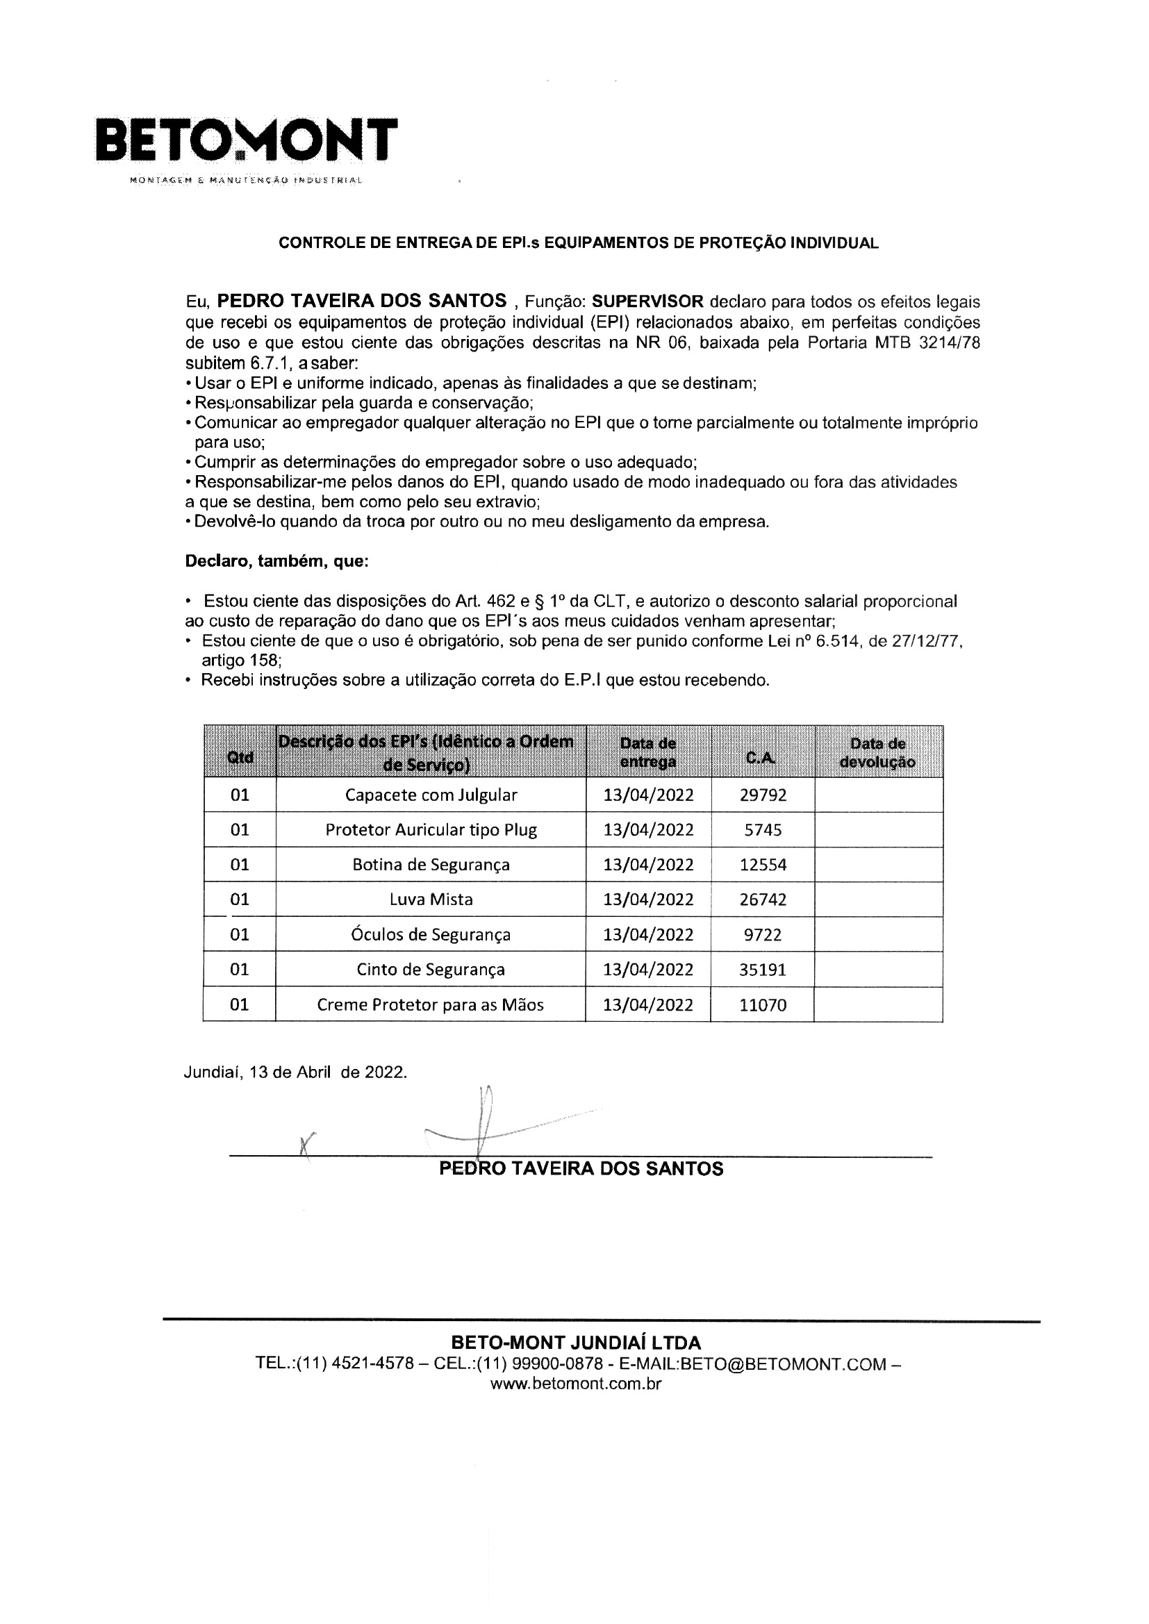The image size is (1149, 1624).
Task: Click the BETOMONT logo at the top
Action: (246, 140)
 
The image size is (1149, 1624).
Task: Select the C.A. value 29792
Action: (763, 795)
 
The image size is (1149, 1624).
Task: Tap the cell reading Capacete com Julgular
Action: (431, 795)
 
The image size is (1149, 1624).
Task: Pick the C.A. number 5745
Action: (763, 829)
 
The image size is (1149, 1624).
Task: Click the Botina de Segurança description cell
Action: (431, 864)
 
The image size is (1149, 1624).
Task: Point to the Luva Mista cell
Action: (431, 900)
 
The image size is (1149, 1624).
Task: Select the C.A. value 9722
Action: (763, 934)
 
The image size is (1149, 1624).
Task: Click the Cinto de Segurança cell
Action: (431, 969)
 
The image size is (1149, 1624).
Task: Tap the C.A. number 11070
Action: (763, 1004)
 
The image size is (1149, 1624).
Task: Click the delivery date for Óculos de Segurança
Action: (648, 934)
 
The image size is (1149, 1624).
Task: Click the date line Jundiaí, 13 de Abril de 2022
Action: (295, 1072)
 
